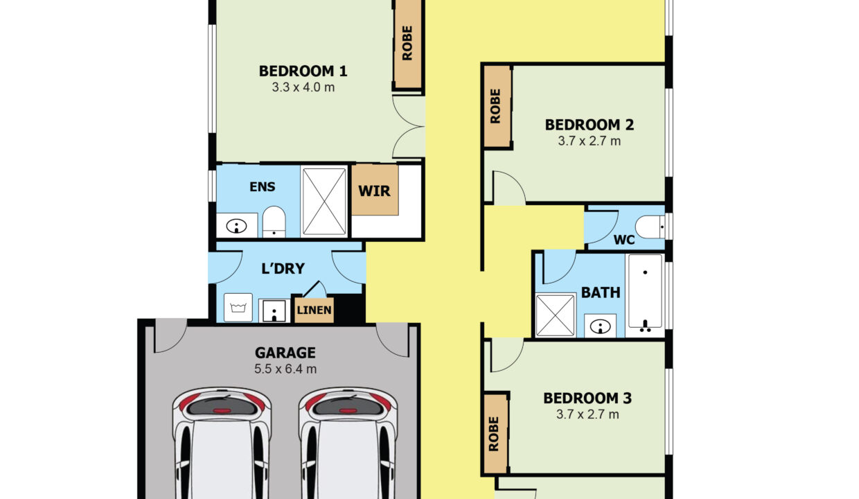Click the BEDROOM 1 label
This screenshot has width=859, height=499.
pyautogui.click(x=303, y=71)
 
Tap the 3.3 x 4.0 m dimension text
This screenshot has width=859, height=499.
pyautogui.click(x=303, y=87)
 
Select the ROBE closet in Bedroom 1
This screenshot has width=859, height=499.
pyautogui.click(x=407, y=44)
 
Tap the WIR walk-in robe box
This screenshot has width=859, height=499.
pyautogui.click(x=375, y=190)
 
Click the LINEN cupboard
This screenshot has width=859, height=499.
pyautogui.click(x=315, y=310)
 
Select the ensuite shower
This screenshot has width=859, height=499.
pyautogui.click(x=324, y=202)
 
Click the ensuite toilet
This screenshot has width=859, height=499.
pyautogui.click(x=274, y=222)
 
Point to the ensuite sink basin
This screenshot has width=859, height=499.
pyautogui.click(x=237, y=225)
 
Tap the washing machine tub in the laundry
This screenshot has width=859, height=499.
pyautogui.click(x=240, y=307)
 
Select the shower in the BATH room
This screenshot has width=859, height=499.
pyautogui.click(x=555, y=315)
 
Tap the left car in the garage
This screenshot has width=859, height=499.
pyautogui.click(x=221, y=444)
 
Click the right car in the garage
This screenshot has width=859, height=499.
pyautogui.click(x=348, y=444)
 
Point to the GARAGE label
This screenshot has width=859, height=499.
pyautogui.click(x=285, y=353)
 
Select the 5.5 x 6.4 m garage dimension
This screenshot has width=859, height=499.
pyautogui.click(x=285, y=369)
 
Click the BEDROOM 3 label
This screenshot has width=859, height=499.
pyautogui.click(x=587, y=399)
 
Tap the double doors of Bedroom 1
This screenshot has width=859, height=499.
pyautogui.click(x=409, y=127)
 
